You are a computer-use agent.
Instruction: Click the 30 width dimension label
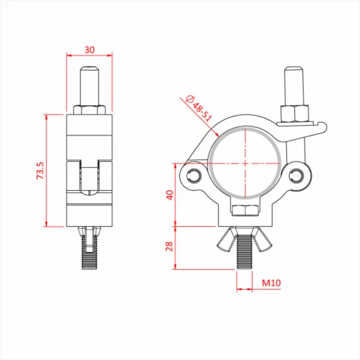89,49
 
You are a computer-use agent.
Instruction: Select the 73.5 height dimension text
40,170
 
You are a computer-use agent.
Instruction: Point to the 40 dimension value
170,194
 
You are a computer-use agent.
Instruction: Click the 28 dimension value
170,246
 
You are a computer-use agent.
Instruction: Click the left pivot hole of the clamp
195,174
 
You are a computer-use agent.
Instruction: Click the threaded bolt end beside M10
245,256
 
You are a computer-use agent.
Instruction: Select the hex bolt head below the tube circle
245,211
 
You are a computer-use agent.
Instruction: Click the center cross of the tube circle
245,162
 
